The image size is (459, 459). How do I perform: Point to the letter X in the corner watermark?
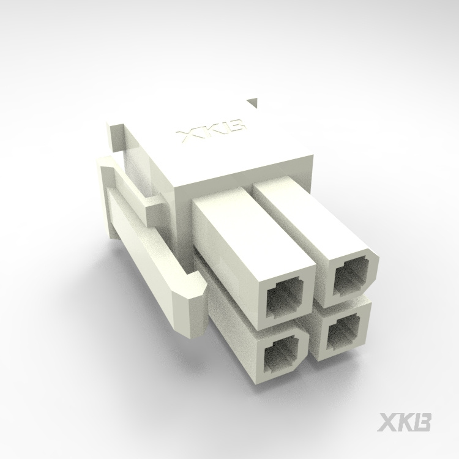click(389, 423)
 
